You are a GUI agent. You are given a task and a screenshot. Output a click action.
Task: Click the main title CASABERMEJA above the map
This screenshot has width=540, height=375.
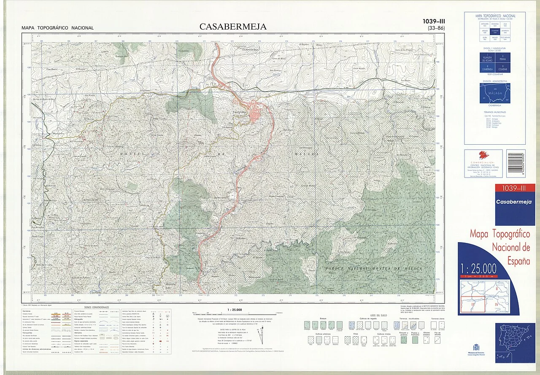tap(233, 27)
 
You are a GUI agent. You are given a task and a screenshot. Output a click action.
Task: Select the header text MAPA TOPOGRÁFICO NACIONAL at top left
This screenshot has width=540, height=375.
tap(58, 28)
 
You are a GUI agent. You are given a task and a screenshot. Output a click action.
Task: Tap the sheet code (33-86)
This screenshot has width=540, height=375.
tap(436, 28)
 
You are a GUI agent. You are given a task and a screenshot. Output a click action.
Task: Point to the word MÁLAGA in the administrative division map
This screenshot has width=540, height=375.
tap(495, 93)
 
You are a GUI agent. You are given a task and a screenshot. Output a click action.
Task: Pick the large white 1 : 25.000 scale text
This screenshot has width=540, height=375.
tap(478, 268)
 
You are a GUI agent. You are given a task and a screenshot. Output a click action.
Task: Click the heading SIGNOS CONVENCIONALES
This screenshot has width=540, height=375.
tap(97, 308)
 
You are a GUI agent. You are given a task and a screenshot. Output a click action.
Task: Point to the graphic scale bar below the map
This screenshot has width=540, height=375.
tap(234, 313)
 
